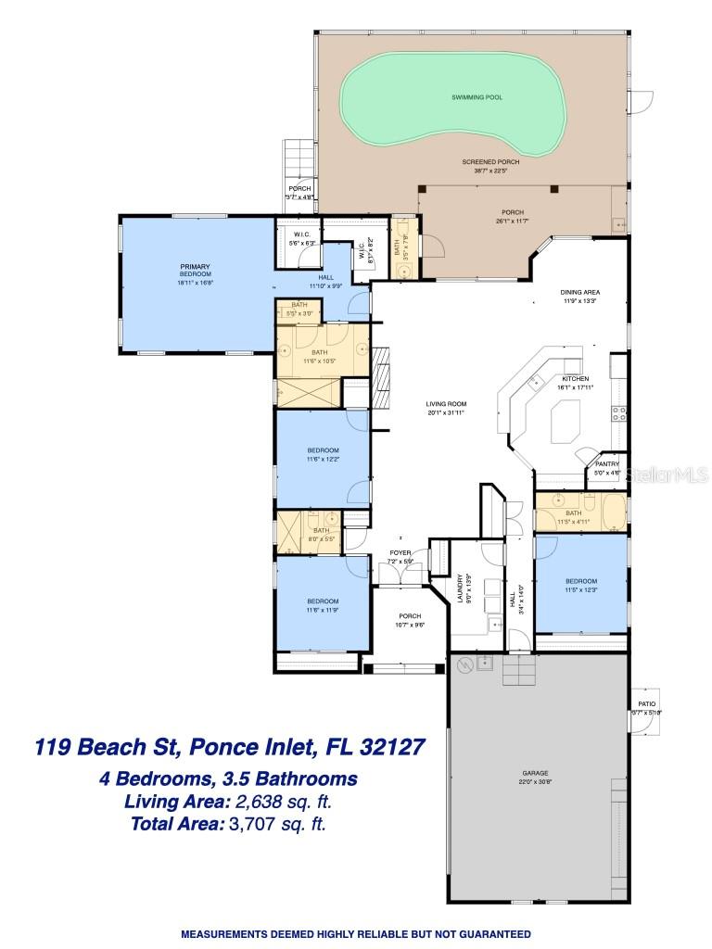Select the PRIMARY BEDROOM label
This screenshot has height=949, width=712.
coord(196,271)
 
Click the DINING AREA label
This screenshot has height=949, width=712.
coord(580,296)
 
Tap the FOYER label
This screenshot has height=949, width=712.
coord(400,552)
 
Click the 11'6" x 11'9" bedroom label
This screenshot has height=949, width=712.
coord(322,603)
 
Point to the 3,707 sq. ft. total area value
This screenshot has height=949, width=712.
coord(276,822)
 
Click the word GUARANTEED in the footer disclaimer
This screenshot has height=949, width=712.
coord(489,933)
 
